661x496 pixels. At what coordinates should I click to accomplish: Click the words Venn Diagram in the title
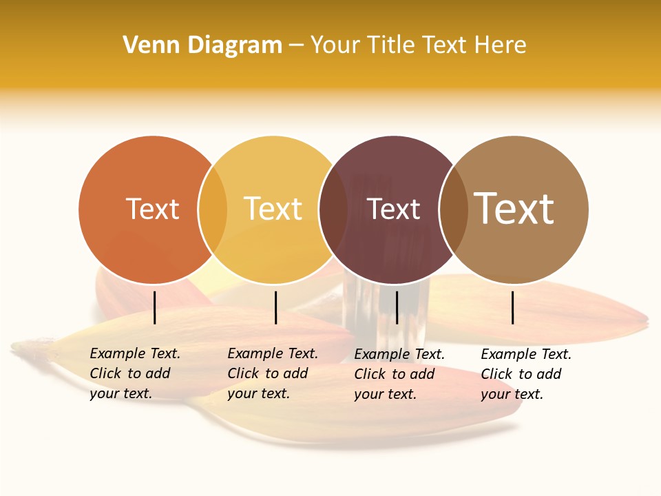click(x=202, y=45)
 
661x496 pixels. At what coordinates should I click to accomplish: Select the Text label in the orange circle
click(x=152, y=209)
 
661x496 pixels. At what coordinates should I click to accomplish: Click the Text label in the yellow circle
click(x=273, y=209)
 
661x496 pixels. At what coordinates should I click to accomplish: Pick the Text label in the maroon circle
click(x=394, y=209)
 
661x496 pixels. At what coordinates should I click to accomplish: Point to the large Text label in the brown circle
click(x=514, y=208)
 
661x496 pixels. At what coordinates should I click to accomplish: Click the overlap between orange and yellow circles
click(x=213, y=209)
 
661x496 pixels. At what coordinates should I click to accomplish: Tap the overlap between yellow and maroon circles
click(x=333, y=209)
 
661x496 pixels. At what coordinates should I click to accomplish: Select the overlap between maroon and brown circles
click(x=453, y=209)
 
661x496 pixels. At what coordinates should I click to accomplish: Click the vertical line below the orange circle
click(x=155, y=307)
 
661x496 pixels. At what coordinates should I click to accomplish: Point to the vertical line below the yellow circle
click(x=275, y=307)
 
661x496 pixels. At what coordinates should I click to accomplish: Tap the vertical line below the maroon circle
click(x=397, y=307)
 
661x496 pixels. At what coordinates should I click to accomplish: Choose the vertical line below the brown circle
click(x=513, y=307)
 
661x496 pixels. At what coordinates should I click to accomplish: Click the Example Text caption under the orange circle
click(x=135, y=373)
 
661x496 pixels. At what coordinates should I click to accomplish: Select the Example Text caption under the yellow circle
click(x=273, y=373)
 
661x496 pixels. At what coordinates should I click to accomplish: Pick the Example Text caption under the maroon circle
click(x=399, y=374)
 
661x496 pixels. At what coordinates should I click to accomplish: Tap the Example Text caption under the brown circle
click(x=526, y=374)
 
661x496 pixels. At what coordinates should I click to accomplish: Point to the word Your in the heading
click(x=335, y=45)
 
